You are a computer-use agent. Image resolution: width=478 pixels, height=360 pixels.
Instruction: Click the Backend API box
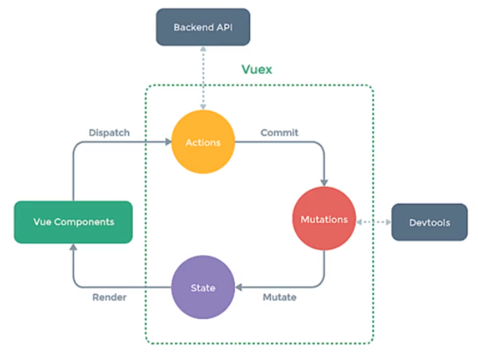point(203,27)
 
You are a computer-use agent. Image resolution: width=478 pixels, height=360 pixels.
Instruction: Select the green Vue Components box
point(74,222)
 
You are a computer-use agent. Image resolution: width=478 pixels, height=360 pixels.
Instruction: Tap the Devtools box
point(429,222)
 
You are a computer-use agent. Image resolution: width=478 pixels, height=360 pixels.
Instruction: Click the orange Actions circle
point(203,142)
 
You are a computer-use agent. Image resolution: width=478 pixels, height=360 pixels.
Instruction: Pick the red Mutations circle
point(324,218)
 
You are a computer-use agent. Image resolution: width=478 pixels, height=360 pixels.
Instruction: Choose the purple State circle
point(203,287)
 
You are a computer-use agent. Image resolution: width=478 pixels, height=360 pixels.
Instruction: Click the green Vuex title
point(257,69)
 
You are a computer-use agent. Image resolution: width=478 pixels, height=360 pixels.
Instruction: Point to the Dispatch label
point(109,132)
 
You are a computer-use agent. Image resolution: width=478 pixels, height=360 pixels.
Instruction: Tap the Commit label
point(280,132)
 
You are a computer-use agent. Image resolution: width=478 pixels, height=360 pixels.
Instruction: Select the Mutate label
point(280,297)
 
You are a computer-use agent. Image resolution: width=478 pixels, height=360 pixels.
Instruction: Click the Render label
point(109,297)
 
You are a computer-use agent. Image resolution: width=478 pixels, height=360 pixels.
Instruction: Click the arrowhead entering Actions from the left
point(168,142)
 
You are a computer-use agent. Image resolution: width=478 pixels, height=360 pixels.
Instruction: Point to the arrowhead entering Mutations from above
point(324,183)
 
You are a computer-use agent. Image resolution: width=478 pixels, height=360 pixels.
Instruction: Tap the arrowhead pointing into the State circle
point(239,287)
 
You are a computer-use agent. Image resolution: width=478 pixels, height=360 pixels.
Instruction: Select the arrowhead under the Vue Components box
point(73,247)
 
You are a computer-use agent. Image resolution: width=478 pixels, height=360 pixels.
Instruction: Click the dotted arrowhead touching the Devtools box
point(389,222)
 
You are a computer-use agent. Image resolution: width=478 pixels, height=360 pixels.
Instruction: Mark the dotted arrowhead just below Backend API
point(203,49)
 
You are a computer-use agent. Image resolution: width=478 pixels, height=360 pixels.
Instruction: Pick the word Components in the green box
point(84,222)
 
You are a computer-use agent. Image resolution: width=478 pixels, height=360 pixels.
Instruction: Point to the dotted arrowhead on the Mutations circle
point(359,222)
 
